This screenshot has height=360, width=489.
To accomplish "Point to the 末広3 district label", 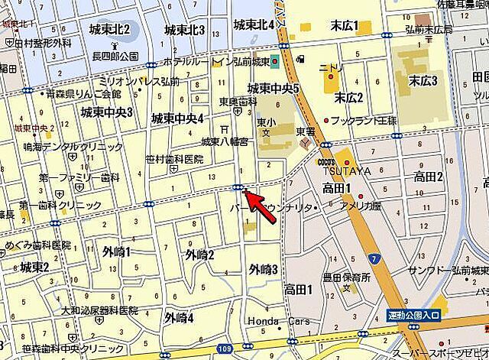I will pos(423,80).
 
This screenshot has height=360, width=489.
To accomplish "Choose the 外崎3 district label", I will pos(263,268).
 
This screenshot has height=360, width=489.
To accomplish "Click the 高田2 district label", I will pos(429,177).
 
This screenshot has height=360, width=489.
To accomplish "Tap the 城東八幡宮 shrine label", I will pos(224,141).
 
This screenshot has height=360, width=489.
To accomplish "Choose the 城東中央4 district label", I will pos(176,118).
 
